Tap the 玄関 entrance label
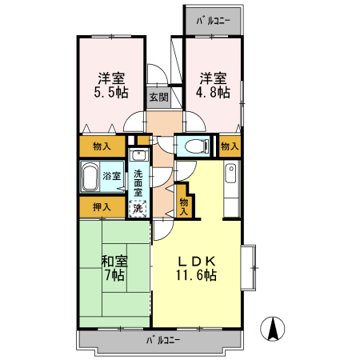click(158, 98)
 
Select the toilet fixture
click(191, 146)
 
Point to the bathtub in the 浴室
click(89, 177)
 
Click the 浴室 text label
click(111, 176)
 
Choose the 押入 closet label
click(101, 208)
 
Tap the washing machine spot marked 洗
click(138, 208)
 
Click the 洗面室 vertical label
click(138, 183)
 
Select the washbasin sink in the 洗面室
click(138, 159)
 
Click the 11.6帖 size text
click(197, 274)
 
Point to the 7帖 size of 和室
click(113, 274)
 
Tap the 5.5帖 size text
click(111, 92)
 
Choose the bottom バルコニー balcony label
click(162, 339)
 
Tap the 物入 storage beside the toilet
click(230, 146)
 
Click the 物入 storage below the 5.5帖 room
click(101, 146)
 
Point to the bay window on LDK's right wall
click(250, 266)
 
